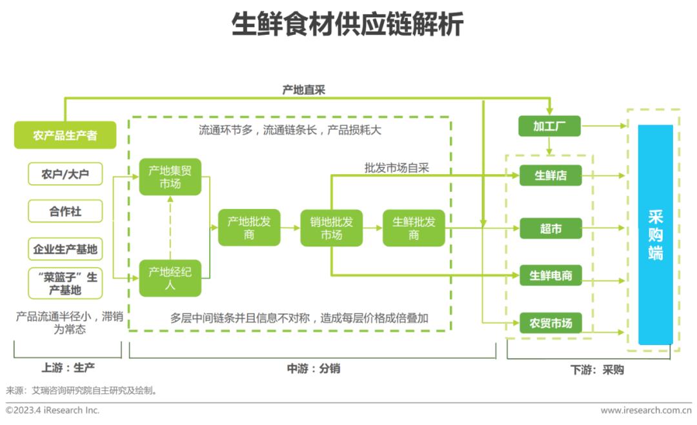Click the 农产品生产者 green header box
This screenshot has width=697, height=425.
coord(65,135)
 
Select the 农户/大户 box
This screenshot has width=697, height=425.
coord(65,173)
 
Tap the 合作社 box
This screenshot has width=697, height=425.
coord(65,211)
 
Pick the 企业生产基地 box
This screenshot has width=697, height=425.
coord(65,249)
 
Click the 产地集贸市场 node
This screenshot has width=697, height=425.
coord(170,177)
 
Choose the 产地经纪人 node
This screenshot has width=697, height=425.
coord(170,278)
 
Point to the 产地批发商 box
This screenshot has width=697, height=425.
coord(249,228)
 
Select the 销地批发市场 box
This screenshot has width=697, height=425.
coord(332,228)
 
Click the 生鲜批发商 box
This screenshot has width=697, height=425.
coord(414,228)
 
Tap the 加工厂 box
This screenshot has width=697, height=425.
coord(549,126)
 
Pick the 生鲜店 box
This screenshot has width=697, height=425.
coord(551,175)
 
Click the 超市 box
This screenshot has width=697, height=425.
coord(551,228)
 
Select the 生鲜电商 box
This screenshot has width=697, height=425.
coord(551,275)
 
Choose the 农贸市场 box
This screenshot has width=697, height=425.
coord(551,323)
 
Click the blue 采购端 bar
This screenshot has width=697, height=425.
coord(655,235)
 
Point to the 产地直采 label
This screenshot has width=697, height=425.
coord(304,90)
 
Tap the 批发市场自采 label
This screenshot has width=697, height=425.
coord(396,168)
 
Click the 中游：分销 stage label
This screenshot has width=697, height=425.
coord(314,368)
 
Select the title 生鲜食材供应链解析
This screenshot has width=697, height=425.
coord(348,24)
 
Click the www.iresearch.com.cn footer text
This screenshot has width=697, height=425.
coord(646,410)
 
